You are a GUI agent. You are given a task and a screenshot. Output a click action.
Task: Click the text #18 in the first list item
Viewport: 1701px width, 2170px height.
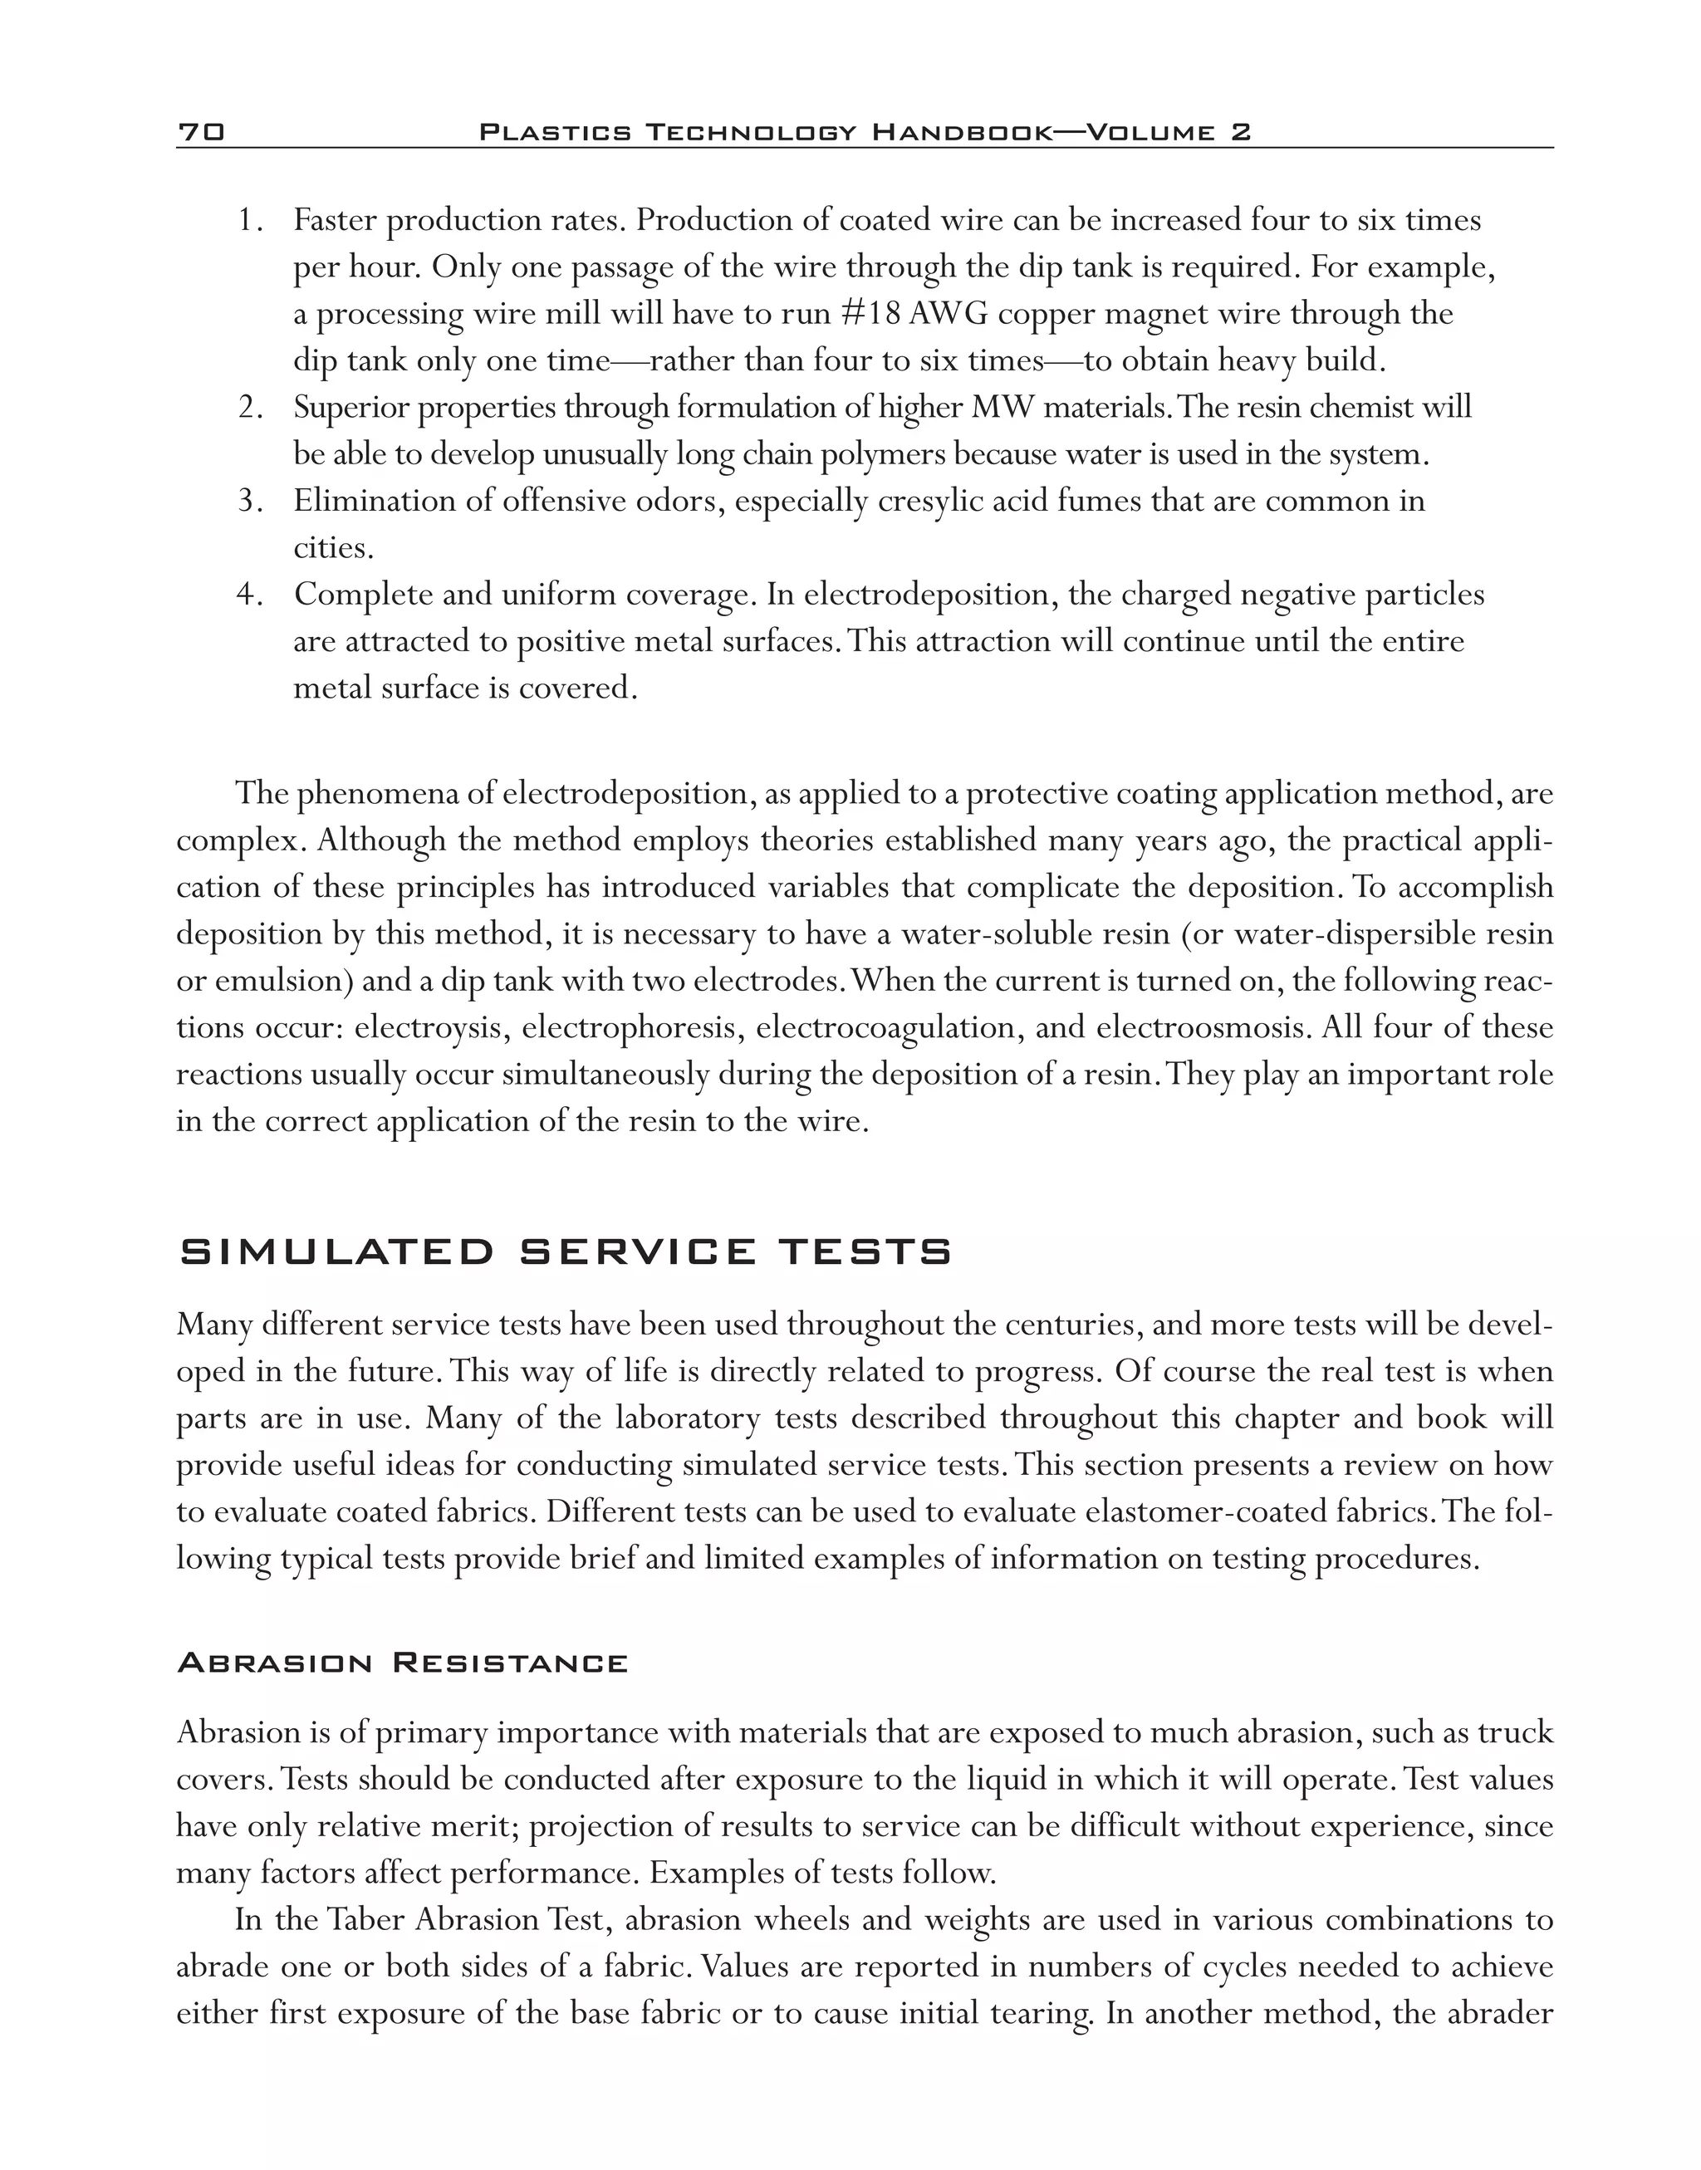[x=871, y=314]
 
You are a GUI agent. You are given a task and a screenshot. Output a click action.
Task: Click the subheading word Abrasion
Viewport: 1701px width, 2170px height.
[x=275, y=1664]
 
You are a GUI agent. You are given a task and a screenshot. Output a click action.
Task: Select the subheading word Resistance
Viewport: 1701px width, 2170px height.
[x=510, y=1664]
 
